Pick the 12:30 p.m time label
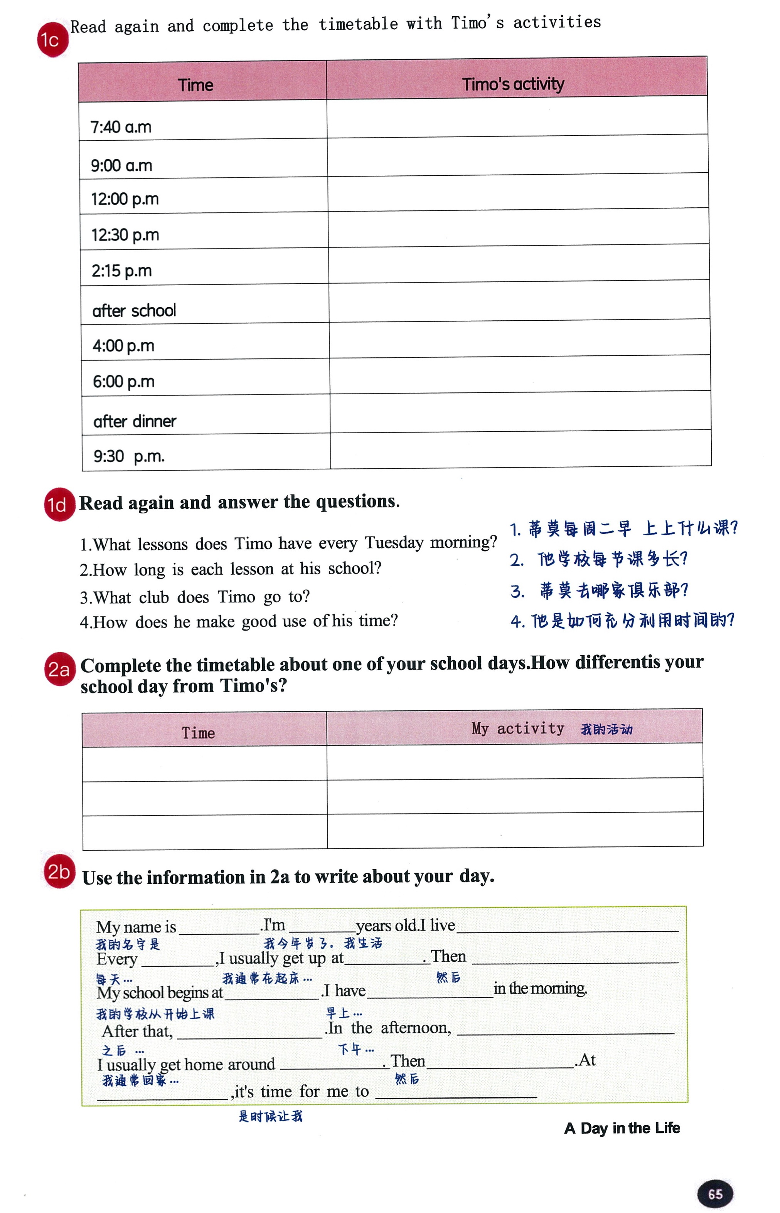pos(125,235)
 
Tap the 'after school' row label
pos(134,310)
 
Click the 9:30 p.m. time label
pos(129,456)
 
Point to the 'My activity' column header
pos(518,728)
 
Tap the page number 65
pos(715,1194)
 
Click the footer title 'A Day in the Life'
pos(622,1128)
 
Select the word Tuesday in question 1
pos(394,543)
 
